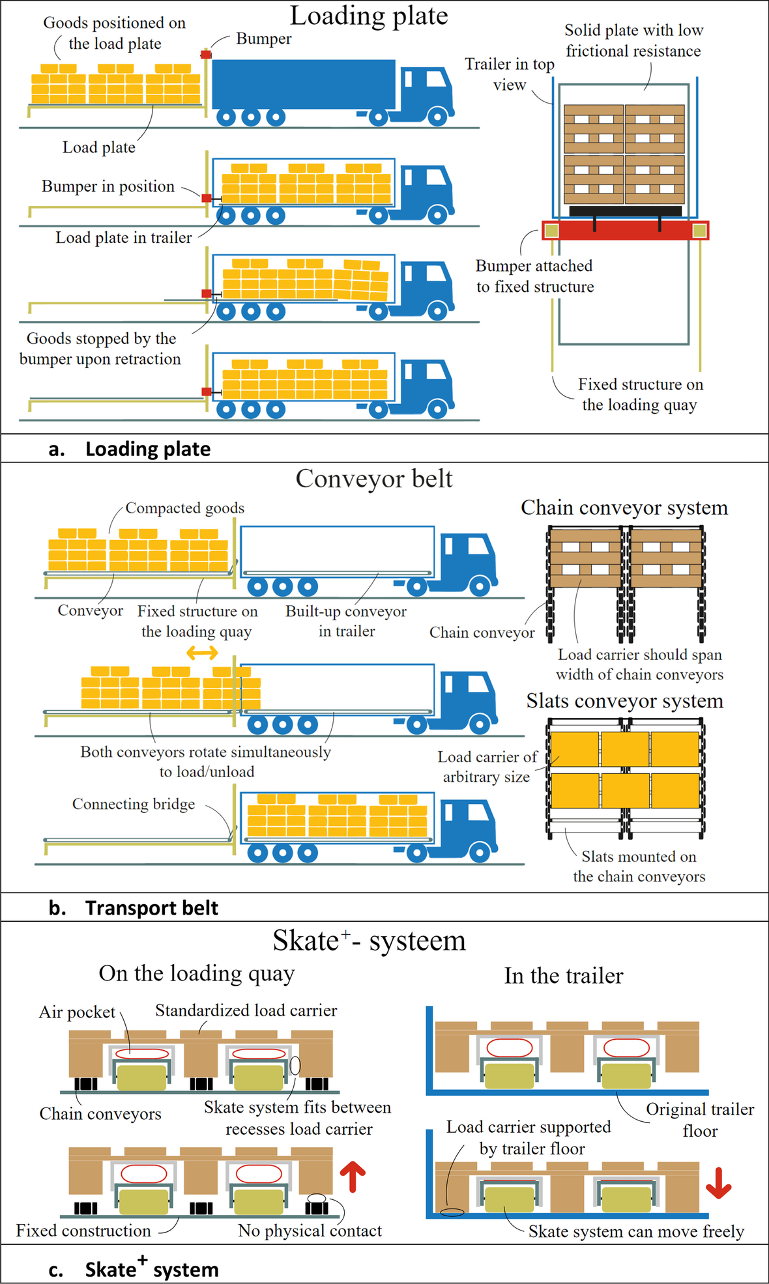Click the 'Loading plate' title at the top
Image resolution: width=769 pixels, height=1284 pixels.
pyautogui.click(x=369, y=16)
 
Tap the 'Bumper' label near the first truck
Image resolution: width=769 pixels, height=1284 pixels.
pyautogui.click(x=263, y=39)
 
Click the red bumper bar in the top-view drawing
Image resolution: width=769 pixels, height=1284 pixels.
pyautogui.click(x=624, y=231)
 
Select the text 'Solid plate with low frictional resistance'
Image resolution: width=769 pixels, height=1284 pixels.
pyautogui.click(x=633, y=40)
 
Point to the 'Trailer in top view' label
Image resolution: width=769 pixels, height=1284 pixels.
pyautogui.click(x=509, y=74)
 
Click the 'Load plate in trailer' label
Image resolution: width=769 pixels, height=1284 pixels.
pyautogui.click(x=123, y=238)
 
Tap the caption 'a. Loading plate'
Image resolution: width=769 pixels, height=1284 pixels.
pyautogui.click(x=129, y=449)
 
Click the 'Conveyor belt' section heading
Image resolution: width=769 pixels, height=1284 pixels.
pyautogui.click(x=373, y=479)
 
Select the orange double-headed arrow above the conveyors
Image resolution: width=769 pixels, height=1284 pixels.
pyautogui.click(x=202, y=652)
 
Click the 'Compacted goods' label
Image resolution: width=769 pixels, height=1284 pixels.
pyautogui.click(x=184, y=508)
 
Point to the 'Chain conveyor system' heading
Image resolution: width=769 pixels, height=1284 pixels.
pyautogui.click(x=624, y=508)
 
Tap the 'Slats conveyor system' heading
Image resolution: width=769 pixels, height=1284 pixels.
pyautogui.click(x=624, y=701)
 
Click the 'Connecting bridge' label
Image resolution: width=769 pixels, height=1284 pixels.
pyautogui.click(x=134, y=804)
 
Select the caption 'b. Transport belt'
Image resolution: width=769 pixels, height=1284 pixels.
pyautogui.click(x=133, y=907)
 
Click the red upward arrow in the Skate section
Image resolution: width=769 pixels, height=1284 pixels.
pyautogui.click(x=353, y=1177)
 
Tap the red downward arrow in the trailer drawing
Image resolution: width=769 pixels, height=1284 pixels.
pyautogui.click(x=718, y=1183)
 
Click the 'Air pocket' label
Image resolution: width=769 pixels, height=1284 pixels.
pyautogui.click(x=77, y=1012)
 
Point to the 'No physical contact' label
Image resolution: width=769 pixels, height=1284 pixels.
pyautogui.click(x=310, y=1231)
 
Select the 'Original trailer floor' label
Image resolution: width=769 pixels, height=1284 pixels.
pyautogui.click(x=700, y=1120)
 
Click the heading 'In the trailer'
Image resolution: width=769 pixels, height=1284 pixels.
pyautogui.click(x=563, y=976)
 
